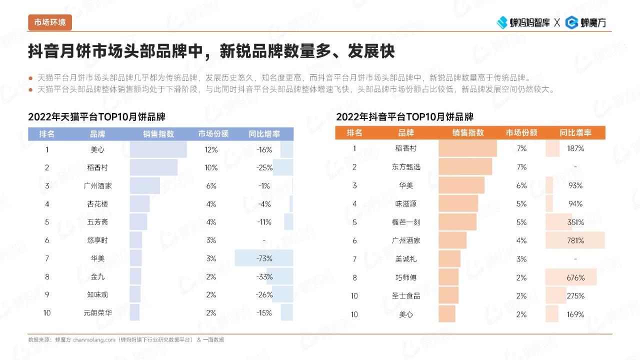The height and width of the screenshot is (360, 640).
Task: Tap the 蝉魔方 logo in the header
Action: tap(585, 22)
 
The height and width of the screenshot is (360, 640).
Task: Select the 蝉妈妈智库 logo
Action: tap(523, 22)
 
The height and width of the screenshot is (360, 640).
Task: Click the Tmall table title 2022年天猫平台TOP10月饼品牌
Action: tap(96, 117)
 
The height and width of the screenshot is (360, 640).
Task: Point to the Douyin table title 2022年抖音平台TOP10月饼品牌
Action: tap(404, 117)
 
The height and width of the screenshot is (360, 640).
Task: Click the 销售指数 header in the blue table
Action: tap(158, 134)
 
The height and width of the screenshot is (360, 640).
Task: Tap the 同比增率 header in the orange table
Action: tap(575, 133)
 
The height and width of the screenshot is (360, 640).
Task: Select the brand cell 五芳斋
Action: tap(97, 222)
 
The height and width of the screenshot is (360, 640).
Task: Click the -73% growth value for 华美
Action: tap(264, 258)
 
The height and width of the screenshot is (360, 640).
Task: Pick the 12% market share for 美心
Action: tap(211, 149)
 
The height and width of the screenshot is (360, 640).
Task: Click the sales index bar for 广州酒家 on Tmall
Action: tap(145, 186)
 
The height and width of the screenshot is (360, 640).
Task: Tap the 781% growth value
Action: tap(575, 240)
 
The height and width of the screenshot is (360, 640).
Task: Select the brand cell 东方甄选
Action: tap(406, 167)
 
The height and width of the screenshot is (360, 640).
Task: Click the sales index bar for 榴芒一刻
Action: tap(457, 222)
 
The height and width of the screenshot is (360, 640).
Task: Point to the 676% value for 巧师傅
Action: tap(575, 277)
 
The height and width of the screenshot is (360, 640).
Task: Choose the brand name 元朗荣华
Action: tap(97, 313)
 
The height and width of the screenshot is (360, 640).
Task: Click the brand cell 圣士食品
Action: tap(406, 295)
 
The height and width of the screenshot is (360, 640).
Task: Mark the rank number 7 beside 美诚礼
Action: tap(354, 259)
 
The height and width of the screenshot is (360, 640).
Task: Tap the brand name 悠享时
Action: tap(97, 240)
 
